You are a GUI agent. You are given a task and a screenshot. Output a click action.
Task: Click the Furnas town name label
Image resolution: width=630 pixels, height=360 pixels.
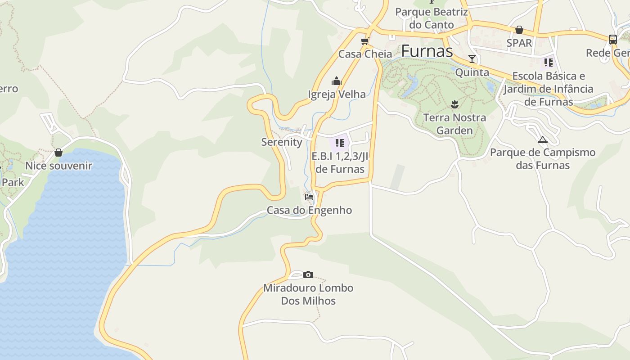click(x=427, y=51)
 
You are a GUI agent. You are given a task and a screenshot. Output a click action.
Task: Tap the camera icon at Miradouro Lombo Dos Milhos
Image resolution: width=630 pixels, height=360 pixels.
click(x=308, y=274)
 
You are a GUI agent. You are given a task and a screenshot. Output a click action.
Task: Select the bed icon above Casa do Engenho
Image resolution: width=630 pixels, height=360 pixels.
click(x=309, y=197)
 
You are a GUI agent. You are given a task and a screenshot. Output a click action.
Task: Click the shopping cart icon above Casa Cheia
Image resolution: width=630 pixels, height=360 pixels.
click(x=364, y=41)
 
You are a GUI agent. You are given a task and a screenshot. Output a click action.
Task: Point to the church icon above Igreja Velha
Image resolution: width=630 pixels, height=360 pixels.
click(x=336, y=81)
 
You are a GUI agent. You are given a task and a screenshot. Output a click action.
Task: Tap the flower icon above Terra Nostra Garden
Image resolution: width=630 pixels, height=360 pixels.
click(x=454, y=104)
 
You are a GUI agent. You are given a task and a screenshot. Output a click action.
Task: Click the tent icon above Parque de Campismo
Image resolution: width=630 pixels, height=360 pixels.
click(x=542, y=139)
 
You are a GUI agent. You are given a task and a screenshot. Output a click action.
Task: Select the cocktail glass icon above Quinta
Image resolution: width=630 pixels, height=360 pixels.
click(x=472, y=58)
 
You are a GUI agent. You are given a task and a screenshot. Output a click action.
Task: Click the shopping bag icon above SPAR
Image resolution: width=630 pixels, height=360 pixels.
click(x=519, y=30)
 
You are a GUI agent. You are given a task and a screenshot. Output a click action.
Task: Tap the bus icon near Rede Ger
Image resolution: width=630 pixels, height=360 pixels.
click(x=612, y=40)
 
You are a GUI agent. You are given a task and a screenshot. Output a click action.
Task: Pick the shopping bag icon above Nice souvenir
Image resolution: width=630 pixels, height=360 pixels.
click(x=58, y=153)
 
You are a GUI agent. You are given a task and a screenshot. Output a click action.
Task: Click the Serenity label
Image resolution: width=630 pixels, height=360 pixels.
click(x=282, y=142)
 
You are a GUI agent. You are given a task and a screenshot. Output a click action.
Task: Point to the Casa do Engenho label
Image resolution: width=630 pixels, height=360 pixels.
click(x=309, y=210)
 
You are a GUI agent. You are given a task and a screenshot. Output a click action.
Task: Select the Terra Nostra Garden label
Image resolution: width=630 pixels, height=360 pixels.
click(x=454, y=124)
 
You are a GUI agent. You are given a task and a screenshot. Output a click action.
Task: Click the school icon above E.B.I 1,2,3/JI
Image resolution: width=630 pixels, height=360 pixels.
click(x=339, y=143)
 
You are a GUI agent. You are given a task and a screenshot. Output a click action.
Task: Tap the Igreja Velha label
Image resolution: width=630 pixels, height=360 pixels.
click(x=337, y=94)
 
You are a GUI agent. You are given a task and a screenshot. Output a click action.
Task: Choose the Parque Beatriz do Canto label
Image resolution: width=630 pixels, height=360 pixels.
click(x=431, y=18)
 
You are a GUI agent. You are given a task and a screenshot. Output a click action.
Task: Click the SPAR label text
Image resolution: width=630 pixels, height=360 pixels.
click(x=519, y=43)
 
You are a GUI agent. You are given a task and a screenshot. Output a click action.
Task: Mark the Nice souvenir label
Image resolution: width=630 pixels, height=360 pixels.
click(x=58, y=166)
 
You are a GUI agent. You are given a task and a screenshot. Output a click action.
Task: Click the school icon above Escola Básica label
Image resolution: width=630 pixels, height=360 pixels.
click(x=548, y=62)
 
